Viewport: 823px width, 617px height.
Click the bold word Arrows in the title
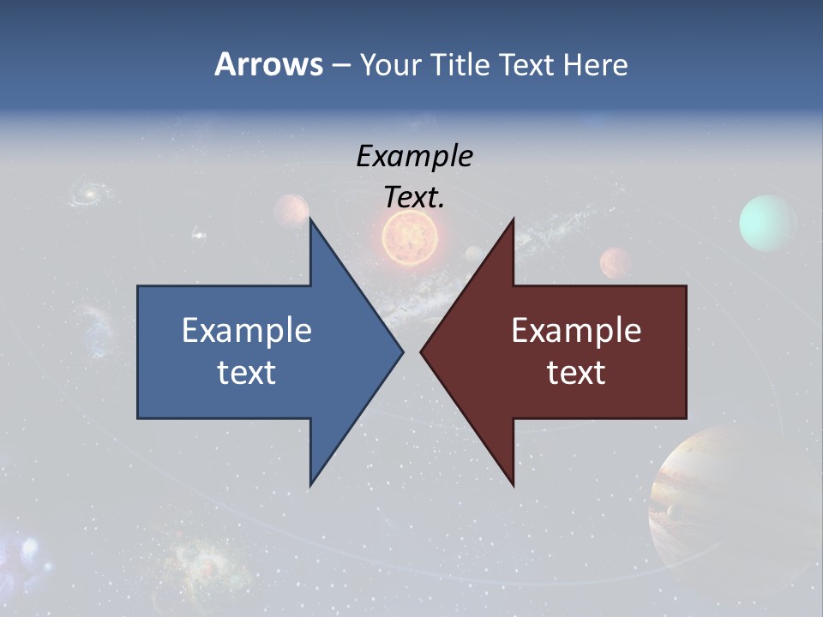coord(268,64)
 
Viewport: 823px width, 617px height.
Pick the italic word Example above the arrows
coord(414,156)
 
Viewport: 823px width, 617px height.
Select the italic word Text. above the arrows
coord(414,197)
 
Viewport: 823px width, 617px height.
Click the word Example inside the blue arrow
coord(247,330)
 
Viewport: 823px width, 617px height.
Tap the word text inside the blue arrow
coord(247,372)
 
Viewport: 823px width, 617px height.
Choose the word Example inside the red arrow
coord(576,330)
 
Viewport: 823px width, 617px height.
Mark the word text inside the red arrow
coord(576,372)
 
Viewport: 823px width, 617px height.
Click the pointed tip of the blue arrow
coord(401,351)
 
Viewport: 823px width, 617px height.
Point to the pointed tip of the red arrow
coord(423,351)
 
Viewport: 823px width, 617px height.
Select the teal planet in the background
coord(767,223)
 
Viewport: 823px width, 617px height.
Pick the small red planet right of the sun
coord(616,261)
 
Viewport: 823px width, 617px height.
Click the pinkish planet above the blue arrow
coord(291,210)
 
